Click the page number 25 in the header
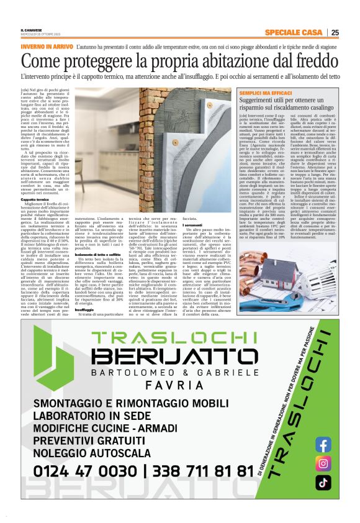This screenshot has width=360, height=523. click(335, 32)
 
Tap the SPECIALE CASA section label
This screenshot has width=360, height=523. click(293, 32)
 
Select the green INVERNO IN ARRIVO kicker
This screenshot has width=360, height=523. click(47, 47)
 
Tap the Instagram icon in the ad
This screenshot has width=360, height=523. click(323, 463)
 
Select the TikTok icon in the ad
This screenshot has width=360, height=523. click(323, 483)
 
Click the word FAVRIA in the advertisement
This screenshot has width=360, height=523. click(173, 384)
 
